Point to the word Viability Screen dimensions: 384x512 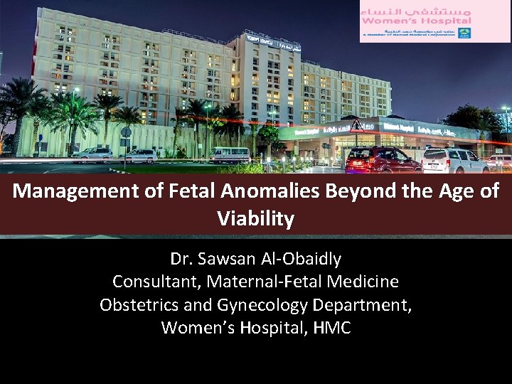pyautogui.click(x=256, y=219)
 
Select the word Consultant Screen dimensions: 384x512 pyautogui.click(x=156, y=282)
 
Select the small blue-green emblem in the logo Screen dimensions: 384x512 pyautogui.click(x=464, y=33)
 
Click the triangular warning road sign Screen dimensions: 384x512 pyautogui.click(x=356, y=127)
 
